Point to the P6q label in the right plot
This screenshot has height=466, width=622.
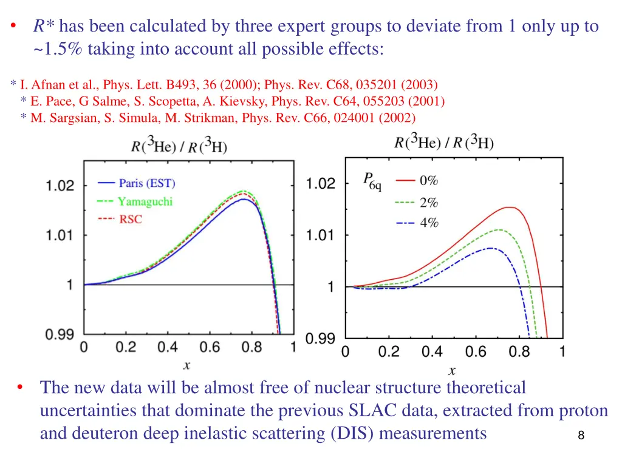pyautogui.click(x=372, y=181)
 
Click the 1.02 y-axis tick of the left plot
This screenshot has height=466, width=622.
pyautogui.click(x=60, y=186)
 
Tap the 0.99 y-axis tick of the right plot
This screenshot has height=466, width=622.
pyautogui.click(x=320, y=339)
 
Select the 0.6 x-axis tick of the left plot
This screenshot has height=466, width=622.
pyautogui.click(x=210, y=347)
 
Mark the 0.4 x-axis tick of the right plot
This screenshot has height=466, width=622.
pyautogui.click(x=432, y=351)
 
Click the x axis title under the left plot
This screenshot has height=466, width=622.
pyautogui.click(x=186, y=365)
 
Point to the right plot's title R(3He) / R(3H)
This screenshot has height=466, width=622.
pyautogui.click(x=444, y=142)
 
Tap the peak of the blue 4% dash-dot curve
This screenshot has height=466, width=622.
pyautogui.click(x=491, y=248)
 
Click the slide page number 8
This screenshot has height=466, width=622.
pyautogui.click(x=581, y=435)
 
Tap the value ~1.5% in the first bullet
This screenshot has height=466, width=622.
pyautogui.click(x=59, y=49)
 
